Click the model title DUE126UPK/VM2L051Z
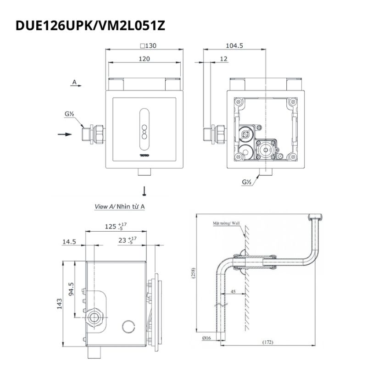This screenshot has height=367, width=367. pyautogui.click(x=90, y=26)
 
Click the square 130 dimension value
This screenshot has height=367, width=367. pyautogui.click(x=148, y=45)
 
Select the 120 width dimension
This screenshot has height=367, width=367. pyautogui.click(x=144, y=59)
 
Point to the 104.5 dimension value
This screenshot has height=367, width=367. pyautogui.click(x=234, y=45)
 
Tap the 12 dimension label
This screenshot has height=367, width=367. pyautogui.click(x=224, y=59)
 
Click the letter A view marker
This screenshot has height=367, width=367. pyautogui.click(x=74, y=82)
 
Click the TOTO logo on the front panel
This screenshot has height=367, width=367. pyautogui.click(x=145, y=155)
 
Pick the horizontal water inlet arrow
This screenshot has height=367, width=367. pyautogui.click(x=65, y=134)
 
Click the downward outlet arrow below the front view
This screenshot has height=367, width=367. pyautogui.click(x=145, y=191)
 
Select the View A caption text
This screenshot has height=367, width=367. pyautogui.click(x=120, y=207)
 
